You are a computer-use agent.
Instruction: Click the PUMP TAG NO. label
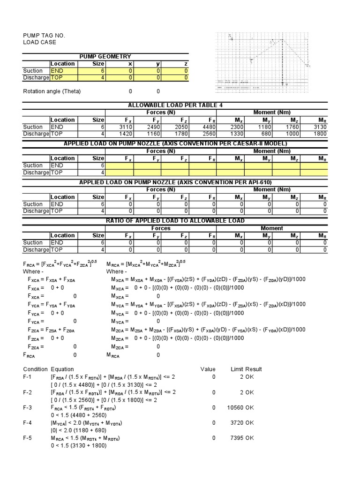click(x=45, y=36)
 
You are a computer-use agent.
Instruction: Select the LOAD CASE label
click(x=39, y=43)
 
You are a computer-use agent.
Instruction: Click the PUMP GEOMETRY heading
click(x=105, y=56)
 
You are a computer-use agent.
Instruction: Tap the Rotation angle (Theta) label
click(x=52, y=91)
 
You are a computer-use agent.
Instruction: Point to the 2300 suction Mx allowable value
click(x=237, y=127)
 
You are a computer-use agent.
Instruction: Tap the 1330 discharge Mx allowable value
click(x=237, y=134)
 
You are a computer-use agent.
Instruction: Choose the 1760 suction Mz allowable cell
click(x=292, y=127)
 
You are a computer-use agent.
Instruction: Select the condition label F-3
click(x=28, y=408)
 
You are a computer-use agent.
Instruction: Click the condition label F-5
click(x=28, y=438)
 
